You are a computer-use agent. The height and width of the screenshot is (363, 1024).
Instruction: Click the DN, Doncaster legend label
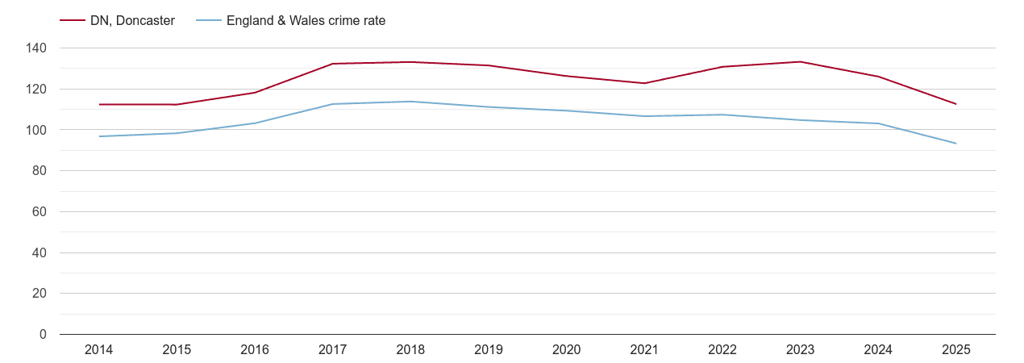pos(132,21)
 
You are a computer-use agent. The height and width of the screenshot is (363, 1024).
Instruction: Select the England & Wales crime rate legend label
pos(306,21)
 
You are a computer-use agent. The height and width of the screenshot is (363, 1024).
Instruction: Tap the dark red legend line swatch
pos(73,21)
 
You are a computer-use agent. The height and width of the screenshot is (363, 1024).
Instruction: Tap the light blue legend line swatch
pos(208,21)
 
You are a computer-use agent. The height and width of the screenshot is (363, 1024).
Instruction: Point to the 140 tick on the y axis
pos(36,48)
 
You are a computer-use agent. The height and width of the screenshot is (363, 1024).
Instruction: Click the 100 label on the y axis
pos(36,130)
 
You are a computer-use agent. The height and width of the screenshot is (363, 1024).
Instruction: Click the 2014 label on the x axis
pos(98,350)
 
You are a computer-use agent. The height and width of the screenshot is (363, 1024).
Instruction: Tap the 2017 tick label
pos(332,350)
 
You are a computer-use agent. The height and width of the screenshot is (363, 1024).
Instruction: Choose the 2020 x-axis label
pos(566,350)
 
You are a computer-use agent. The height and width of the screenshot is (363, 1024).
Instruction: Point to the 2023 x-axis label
pos(800,350)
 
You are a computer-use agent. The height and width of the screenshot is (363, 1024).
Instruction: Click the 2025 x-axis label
pos(955,350)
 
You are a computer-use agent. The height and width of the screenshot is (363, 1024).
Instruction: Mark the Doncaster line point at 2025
pos(955,104)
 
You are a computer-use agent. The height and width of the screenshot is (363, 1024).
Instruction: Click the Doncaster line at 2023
pos(800,62)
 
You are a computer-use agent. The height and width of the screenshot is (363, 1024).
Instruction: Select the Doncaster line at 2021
pos(644,83)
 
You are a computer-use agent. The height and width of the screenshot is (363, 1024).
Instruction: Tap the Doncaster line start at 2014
pos(99,105)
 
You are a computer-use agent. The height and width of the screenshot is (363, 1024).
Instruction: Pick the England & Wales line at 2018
pos(410,102)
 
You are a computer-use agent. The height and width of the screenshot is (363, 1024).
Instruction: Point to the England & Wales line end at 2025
pos(955,144)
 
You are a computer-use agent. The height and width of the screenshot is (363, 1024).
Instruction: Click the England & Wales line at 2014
pos(99,136)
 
